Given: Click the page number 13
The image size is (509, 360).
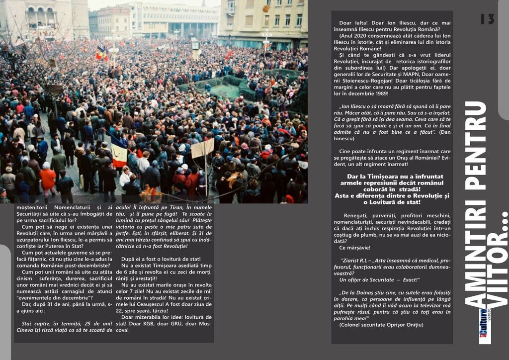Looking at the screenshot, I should tap(487, 19).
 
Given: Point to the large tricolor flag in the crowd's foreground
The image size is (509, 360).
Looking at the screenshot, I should tap(118, 152).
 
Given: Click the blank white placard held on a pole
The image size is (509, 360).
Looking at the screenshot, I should tap(203, 148).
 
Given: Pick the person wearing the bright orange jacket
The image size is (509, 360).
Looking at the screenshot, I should tap(48, 179).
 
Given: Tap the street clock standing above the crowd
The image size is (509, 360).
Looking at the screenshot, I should tap(195, 44).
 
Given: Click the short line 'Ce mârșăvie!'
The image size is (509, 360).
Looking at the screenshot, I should tap(354, 248).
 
